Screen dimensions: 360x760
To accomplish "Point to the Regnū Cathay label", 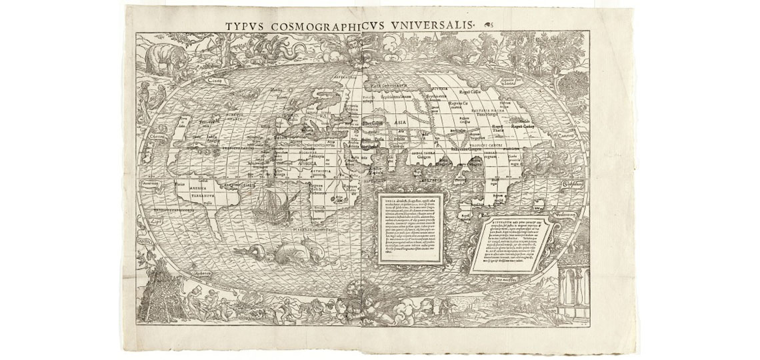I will pyautogui.click(x=523, y=126).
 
